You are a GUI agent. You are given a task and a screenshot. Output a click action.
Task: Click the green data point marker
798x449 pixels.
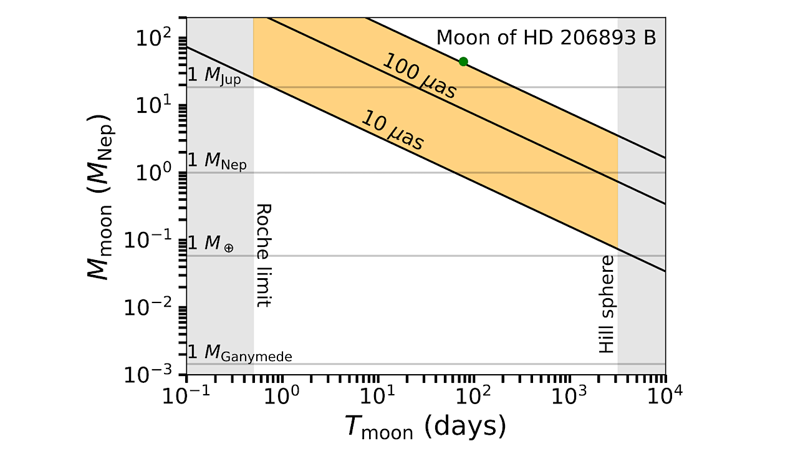[x=463, y=61]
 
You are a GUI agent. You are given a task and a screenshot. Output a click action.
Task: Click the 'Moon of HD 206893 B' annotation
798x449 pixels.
[x=546, y=37]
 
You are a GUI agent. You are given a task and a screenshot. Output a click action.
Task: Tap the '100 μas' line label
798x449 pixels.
[x=419, y=76]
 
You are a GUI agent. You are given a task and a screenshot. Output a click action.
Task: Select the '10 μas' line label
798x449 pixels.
[x=393, y=131]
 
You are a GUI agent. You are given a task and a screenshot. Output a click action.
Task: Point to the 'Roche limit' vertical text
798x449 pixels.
[x=264, y=255]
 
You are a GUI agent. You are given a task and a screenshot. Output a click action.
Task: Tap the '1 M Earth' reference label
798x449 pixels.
[x=211, y=244]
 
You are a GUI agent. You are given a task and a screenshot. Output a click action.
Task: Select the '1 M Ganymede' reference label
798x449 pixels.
[x=240, y=354]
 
